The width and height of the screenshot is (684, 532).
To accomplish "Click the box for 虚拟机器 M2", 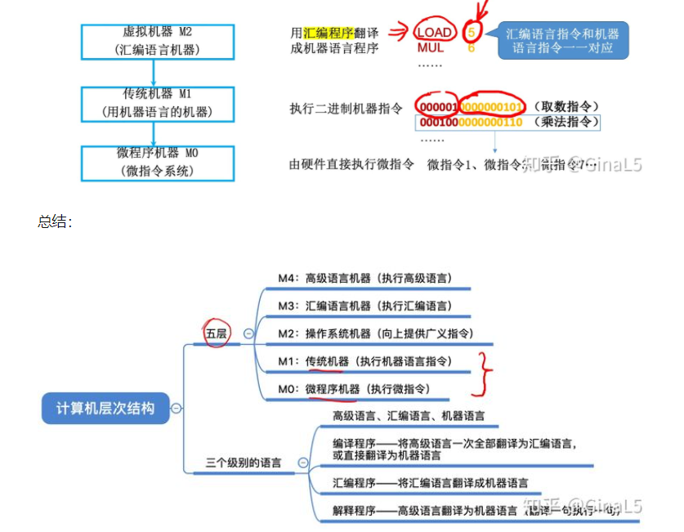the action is (158, 41).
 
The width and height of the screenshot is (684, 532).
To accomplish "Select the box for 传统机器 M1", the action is (158, 103).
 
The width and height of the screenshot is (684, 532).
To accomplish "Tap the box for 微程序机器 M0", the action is (158, 162).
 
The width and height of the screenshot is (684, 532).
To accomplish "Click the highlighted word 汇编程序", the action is (329, 34).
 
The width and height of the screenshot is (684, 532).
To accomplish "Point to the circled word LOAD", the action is (434, 34).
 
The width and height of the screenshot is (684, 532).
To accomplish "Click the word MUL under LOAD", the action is (431, 48).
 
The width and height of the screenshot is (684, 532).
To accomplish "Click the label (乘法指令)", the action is (565, 123).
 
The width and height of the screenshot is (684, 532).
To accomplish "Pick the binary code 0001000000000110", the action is (470, 123).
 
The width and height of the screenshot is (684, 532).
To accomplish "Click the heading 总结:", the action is (55, 221).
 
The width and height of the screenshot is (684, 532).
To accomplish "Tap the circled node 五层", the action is (217, 333).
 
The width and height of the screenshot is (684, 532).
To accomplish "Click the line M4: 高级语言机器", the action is (364, 279).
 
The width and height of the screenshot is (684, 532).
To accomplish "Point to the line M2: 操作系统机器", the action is (374, 333).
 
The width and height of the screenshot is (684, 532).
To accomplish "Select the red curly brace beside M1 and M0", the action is (487, 373).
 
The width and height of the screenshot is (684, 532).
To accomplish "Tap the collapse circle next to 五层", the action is (248, 333).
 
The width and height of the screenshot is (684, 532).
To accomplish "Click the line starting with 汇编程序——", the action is (430, 483).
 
